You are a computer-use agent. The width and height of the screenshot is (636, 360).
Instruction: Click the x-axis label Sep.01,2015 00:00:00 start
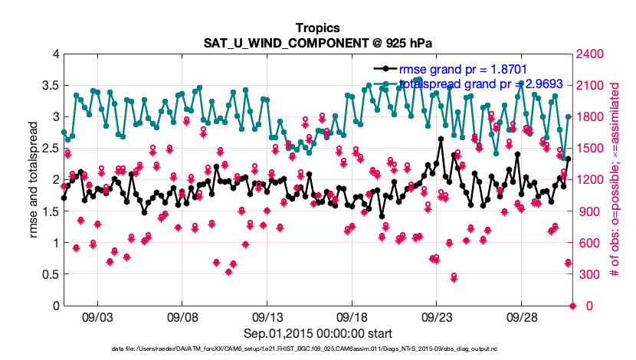317,333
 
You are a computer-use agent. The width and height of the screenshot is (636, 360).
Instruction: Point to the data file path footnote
317,349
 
